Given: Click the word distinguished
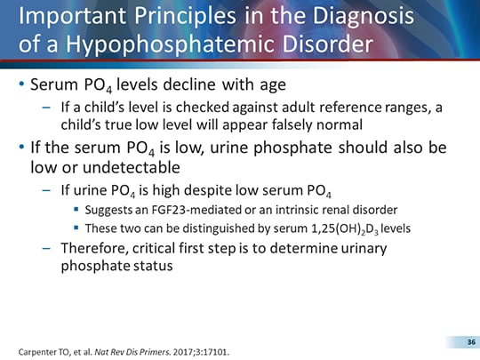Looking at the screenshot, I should tap(204, 228).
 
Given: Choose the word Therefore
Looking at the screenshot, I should tap(94, 248).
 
